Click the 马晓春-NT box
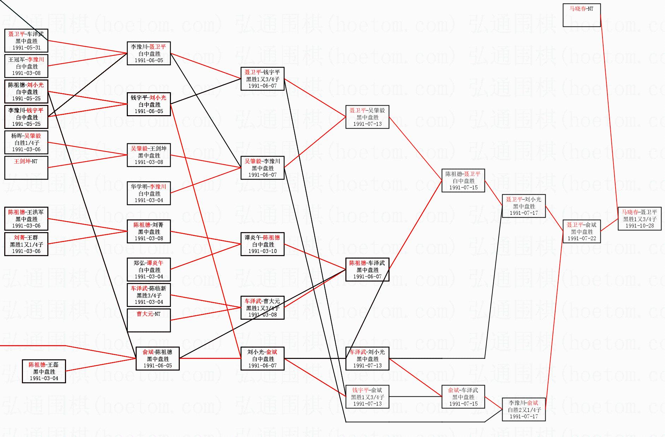click(581, 15)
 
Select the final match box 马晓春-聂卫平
click(639, 219)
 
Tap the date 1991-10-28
click(639, 226)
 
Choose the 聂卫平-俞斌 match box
click(581, 231)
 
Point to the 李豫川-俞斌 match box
click(523, 409)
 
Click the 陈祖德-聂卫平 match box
click(463, 181)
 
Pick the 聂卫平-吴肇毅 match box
click(367, 117)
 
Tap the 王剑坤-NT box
click(26, 167)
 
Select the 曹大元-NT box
click(148, 320)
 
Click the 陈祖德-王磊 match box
click(44, 371)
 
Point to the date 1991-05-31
click(26, 48)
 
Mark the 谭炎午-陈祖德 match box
click(262, 244)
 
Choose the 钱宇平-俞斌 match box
click(367, 397)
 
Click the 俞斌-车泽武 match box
click(463, 397)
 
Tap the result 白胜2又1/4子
click(524, 410)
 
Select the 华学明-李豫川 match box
click(148, 193)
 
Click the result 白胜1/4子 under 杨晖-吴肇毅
click(26, 143)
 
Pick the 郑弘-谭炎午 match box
click(148, 270)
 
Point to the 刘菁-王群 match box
click(26, 244)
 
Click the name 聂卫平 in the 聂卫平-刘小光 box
click(513, 200)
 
